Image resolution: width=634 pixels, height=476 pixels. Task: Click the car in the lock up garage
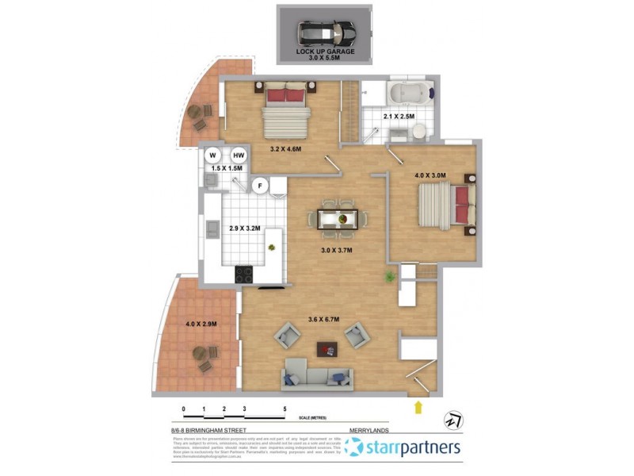point(326,33)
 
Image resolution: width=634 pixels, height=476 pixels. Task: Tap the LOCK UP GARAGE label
point(326,52)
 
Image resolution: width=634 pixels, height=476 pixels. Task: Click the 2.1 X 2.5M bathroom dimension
point(399,117)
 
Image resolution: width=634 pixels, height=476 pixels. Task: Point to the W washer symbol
point(213,155)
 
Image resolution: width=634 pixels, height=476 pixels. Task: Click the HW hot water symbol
point(239,155)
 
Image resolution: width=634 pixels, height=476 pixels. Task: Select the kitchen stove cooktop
point(244,274)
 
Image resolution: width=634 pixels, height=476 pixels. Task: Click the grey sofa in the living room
point(317,375)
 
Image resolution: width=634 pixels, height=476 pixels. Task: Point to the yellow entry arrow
point(418,408)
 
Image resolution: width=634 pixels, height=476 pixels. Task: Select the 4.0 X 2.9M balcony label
point(201,324)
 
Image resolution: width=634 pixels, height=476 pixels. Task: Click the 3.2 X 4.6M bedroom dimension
point(286,148)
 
